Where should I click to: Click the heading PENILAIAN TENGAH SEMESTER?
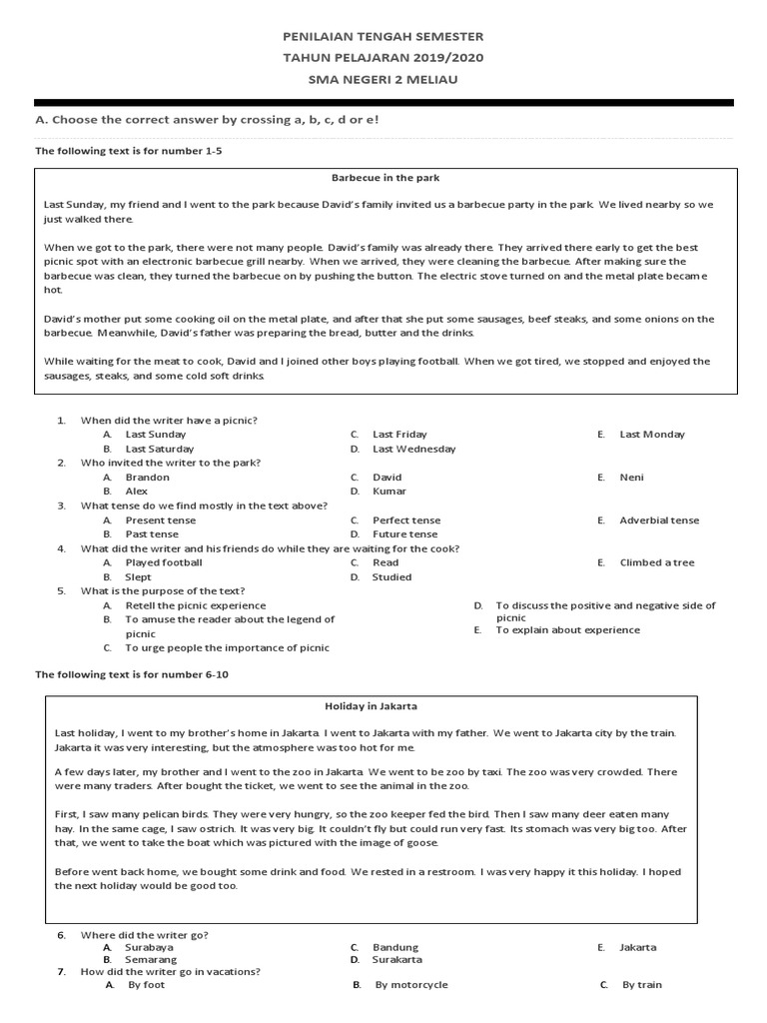click(x=383, y=37)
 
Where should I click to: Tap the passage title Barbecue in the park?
click(x=385, y=178)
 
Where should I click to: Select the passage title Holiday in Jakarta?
click(x=372, y=706)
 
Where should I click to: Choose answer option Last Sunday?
click(x=155, y=435)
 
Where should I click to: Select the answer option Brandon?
click(x=147, y=478)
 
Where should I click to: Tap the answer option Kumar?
click(x=389, y=492)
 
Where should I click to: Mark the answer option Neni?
click(x=632, y=478)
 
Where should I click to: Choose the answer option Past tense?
click(x=152, y=534)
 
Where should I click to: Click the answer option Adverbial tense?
click(x=659, y=520)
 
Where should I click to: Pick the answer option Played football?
click(x=164, y=563)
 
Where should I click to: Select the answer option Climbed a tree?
click(x=657, y=563)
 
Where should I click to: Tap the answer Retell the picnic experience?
click(x=196, y=605)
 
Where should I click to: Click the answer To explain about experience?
click(x=567, y=630)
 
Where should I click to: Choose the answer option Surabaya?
click(x=149, y=947)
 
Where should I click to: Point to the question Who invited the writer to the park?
click(x=171, y=463)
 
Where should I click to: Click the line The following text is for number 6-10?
click(x=132, y=674)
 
